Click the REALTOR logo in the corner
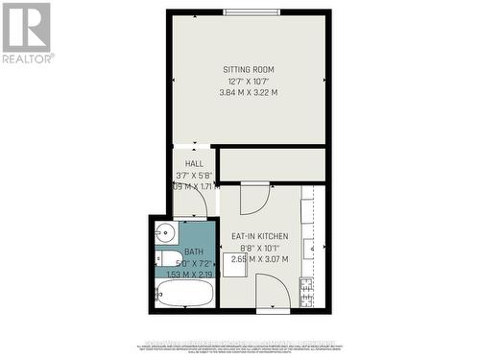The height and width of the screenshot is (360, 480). (26, 32)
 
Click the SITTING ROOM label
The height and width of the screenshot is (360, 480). (249, 70)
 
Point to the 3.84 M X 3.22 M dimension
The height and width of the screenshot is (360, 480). (249, 92)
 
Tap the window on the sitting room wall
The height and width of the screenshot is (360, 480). (252, 12)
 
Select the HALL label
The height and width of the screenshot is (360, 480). (194, 164)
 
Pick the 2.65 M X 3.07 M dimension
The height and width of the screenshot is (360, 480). (260, 258)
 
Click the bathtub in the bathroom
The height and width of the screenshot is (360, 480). (185, 293)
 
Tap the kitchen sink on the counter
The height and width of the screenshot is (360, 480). (311, 247)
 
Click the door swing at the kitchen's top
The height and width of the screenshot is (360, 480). (255, 199)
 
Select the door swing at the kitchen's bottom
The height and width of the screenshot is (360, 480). (273, 291)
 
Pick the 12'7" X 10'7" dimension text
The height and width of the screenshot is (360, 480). (249, 82)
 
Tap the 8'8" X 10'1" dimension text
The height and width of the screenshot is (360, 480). (260, 247)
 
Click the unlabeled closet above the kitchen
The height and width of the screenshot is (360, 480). (272, 164)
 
